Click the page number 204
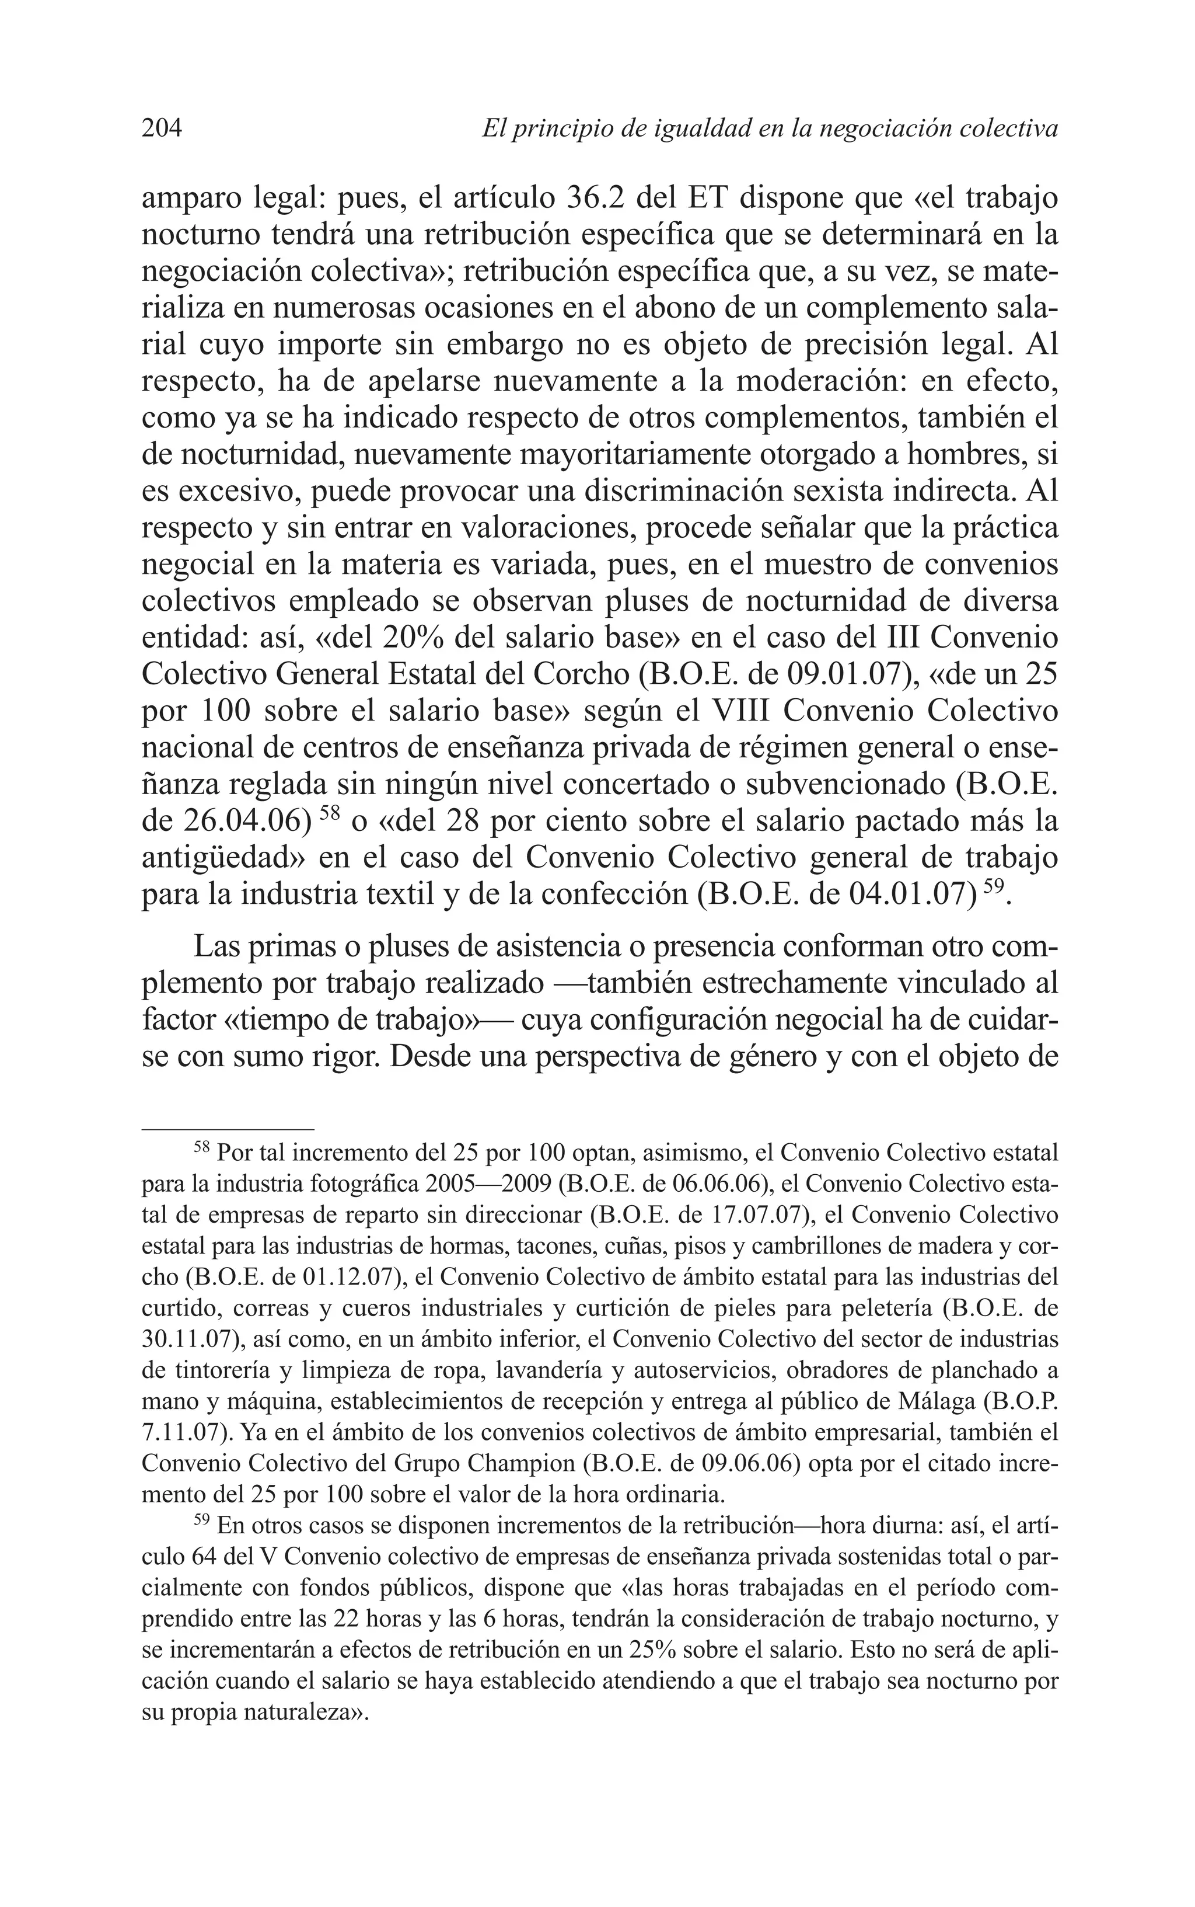tap(162, 127)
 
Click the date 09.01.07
tap(852, 674)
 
